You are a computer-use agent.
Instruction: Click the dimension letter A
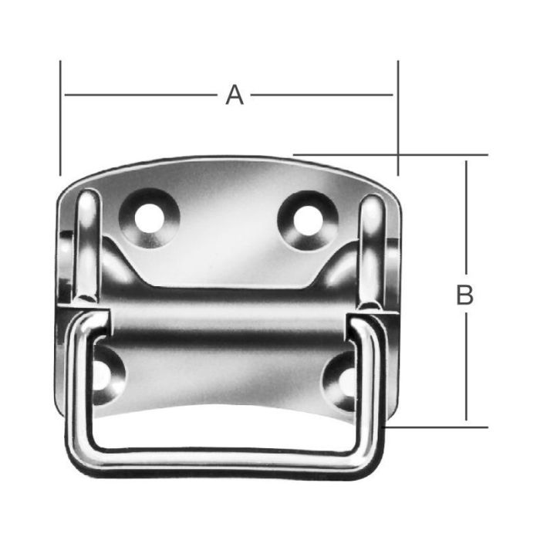(x=235, y=95)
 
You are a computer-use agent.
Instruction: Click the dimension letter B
(x=464, y=295)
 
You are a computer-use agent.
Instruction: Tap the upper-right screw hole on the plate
(x=306, y=218)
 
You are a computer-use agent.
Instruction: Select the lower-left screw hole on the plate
(x=103, y=373)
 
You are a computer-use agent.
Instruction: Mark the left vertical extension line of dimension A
(x=59, y=116)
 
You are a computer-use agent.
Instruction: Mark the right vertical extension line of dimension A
(x=398, y=116)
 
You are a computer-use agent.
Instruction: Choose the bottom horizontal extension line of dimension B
(x=440, y=427)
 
